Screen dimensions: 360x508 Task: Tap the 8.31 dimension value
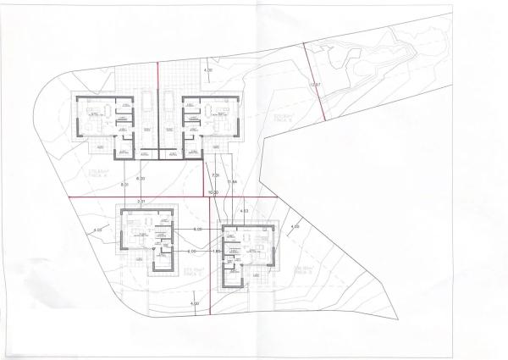click(x=126, y=184)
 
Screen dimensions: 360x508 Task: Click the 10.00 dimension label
click(x=215, y=193)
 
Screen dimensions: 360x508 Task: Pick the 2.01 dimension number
click(x=142, y=202)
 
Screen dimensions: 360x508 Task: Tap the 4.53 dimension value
click(x=244, y=210)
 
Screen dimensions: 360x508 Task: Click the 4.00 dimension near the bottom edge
click(x=195, y=302)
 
